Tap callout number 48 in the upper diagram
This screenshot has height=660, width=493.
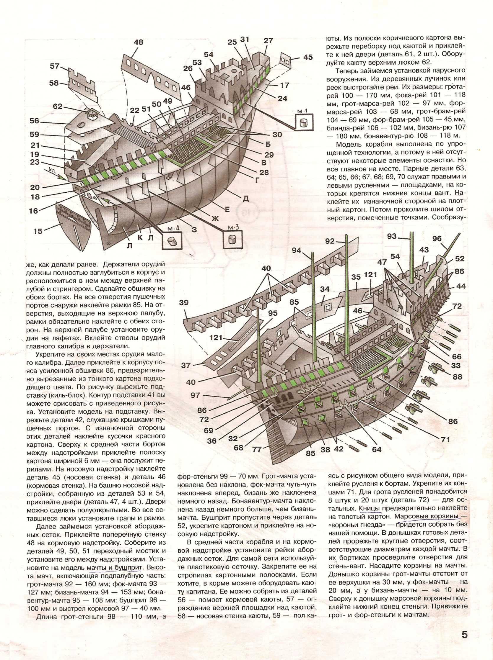tap(139, 42)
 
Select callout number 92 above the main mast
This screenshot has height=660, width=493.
tap(330, 241)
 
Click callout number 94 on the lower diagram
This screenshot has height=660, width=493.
tap(296, 250)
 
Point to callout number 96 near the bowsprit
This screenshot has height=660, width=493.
tap(437, 238)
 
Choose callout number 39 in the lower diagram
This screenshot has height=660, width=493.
tap(184, 303)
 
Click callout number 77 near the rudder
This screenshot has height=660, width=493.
tap(257, 449)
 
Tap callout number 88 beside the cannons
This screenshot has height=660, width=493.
tap(457, 377)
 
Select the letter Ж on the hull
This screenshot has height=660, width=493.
tap(215, 219)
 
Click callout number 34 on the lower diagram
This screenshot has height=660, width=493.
tap(325, 289)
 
